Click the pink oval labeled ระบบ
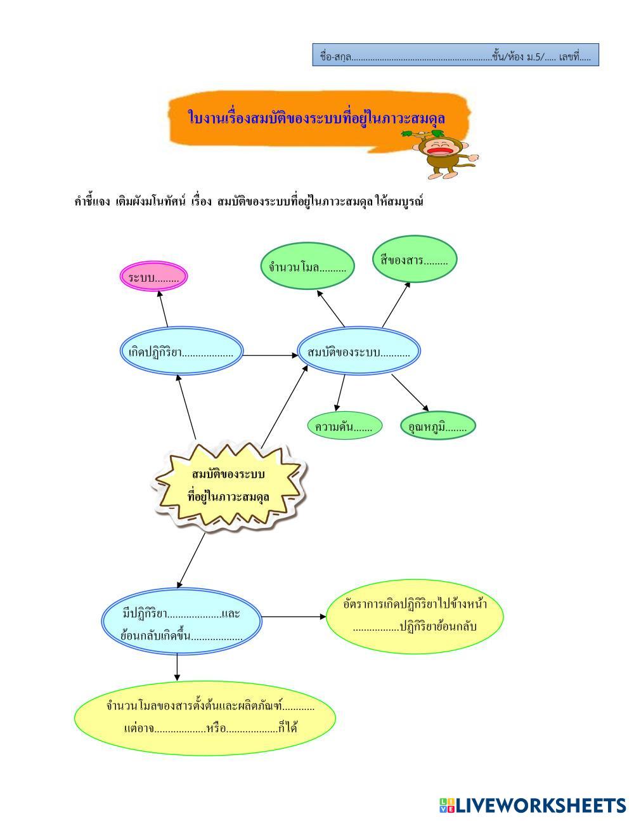[x=154, y=277]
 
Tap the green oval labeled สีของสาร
[x=414, y=259]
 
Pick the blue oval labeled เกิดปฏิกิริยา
[x=181, y=352]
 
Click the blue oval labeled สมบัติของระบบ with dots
[x=359, y=352]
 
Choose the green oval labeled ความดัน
[x=344, y=426]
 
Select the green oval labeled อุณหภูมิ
[x=438, y=426]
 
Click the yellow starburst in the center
[x=229, y=485]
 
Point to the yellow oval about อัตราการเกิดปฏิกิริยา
[x=415, y=615]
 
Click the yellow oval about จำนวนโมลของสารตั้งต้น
[x=205, y=717]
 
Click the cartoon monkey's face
[x=440, y=149]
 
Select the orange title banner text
[x=316, y=118]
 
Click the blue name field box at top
[x=455, y=56]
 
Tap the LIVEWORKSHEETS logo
[x=532, y=805]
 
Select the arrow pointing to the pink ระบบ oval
[x=163, y=310]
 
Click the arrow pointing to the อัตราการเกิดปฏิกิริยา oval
[x=294, y=616]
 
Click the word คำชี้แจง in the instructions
[x=93, y=202]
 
